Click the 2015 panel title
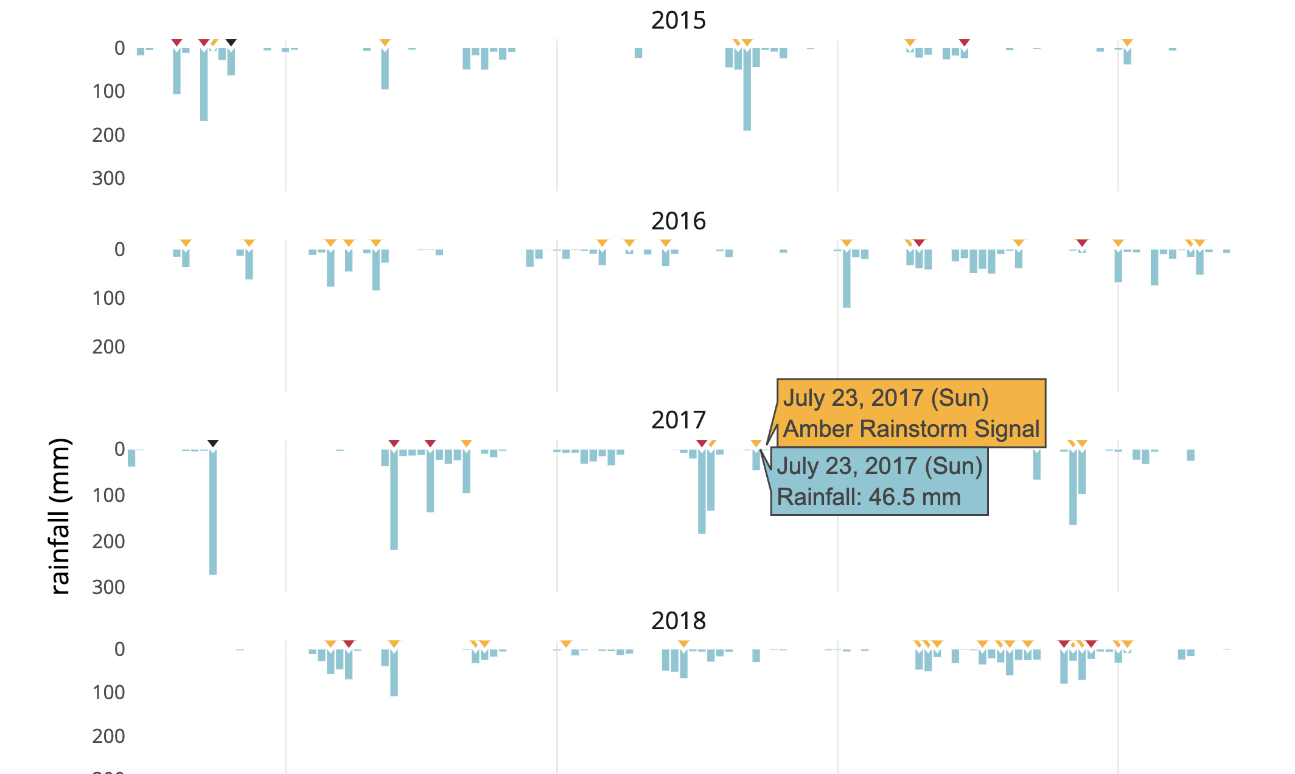pyautogui.click(x=679, y=20)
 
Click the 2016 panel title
pyautogui.click(x=679, y=221)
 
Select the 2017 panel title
pyautogui.click(x=679, y=420)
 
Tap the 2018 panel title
pyautogui.click(x=679, y=621)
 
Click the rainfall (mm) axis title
pyautogui.click(x=60, y=516)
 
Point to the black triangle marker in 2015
pyautogui.click(x=231, y=43)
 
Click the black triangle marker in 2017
pyautogui.click(x=213, y=444)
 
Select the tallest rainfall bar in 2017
pyautogui.click(x=213, y=512)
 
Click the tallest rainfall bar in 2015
pyautogui.click(x=747, y=89)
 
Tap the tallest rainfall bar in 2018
pyautogui.click(x=394, y=672)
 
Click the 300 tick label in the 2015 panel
pyautogui.click(x=108, y=178)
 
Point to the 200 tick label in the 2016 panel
pyautogui.click(x=108, y=347)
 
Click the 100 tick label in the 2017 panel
pyautogui.click(x=108, y=495)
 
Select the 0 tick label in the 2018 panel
pyautogui.click(x=120, y=649)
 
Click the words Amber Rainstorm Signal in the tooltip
pyautogui.click(x=911, y=429)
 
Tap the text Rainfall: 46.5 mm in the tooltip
pyautogui.click(x=868, y=497)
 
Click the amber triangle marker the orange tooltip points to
pyautogui.click(x=756, y=444)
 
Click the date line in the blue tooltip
pyautogui.click(x=879, y=466)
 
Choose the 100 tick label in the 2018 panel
pyautogui.click(x=108, y=692)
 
